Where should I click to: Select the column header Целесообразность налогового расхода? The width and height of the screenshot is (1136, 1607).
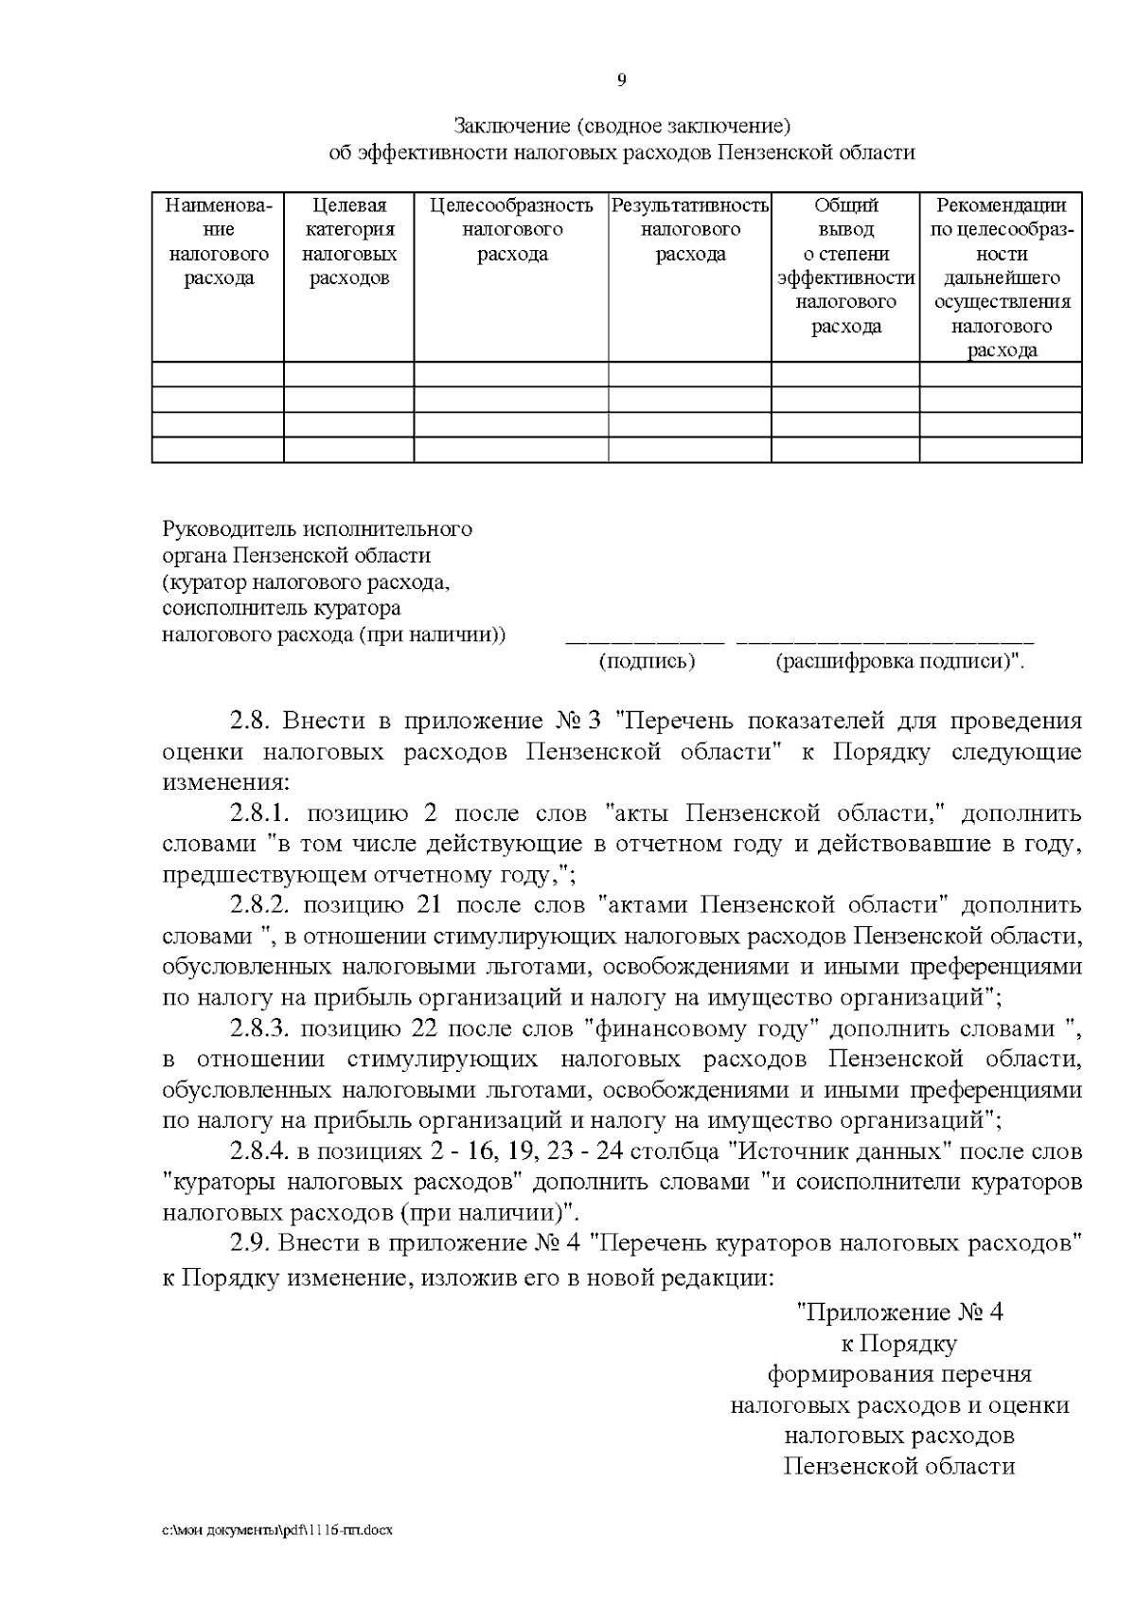coord(511,230)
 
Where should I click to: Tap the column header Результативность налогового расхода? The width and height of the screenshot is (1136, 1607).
coord(690,230)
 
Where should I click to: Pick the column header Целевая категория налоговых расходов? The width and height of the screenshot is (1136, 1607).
coord(349,241)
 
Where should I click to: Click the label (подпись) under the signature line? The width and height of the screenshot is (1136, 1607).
coord(647,662)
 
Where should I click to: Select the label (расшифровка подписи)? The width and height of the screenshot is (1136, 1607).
coord(898,662)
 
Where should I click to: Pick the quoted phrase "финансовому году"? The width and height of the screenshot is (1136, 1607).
coord(702,1029)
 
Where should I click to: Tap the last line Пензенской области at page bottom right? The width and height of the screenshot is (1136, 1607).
coord(898,1467)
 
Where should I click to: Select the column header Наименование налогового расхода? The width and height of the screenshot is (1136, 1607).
coord(219,241)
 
